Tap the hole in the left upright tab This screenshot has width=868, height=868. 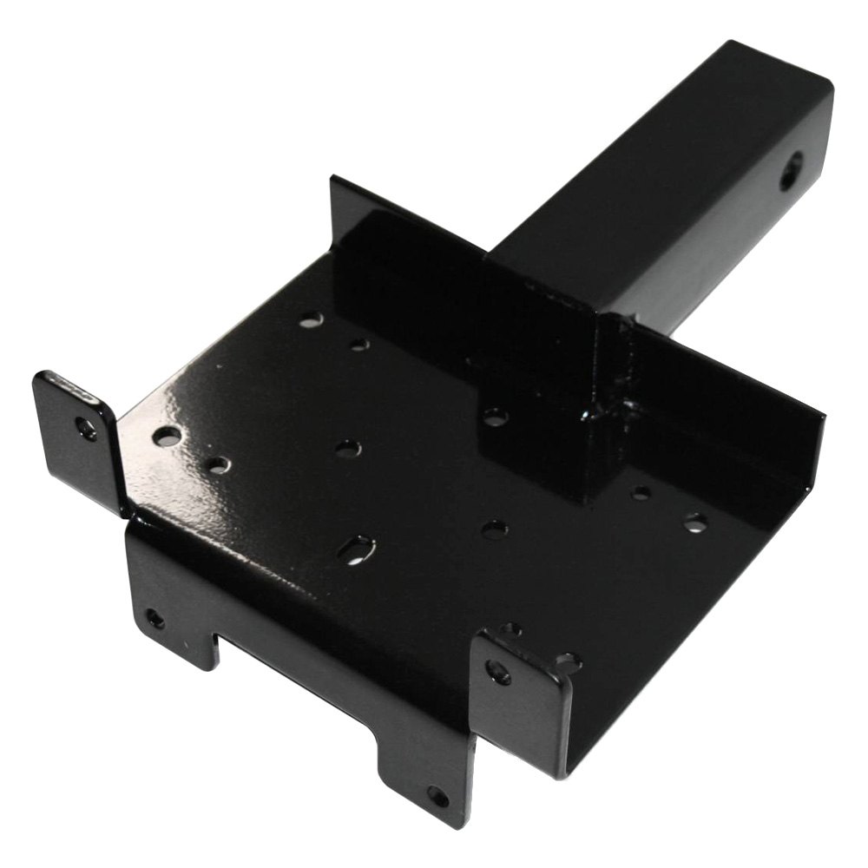click(x=86, y=427)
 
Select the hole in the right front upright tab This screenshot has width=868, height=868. click(x=498, y=671)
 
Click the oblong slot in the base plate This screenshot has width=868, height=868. click(x=357, y=549)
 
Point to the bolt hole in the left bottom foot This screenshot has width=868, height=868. click(x=155, y=619)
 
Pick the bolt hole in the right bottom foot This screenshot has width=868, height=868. click(x=437, y=796)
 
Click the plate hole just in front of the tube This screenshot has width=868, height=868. click(x=496, y=418)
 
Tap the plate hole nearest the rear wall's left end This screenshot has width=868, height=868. click(x=311, y=320)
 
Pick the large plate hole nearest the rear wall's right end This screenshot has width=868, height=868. click(x=694, y=523)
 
